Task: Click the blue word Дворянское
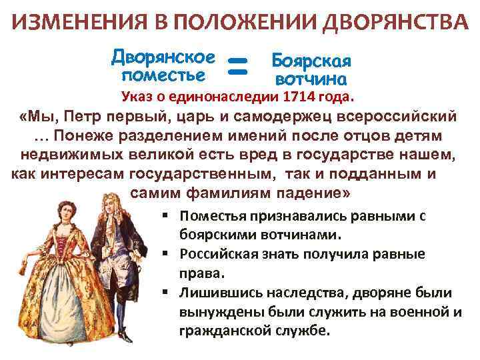(x=164, y=55)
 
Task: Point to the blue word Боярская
(x=311, y=61)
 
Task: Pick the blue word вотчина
(x=311, y=79)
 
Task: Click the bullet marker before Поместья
(x=164, y=216)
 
